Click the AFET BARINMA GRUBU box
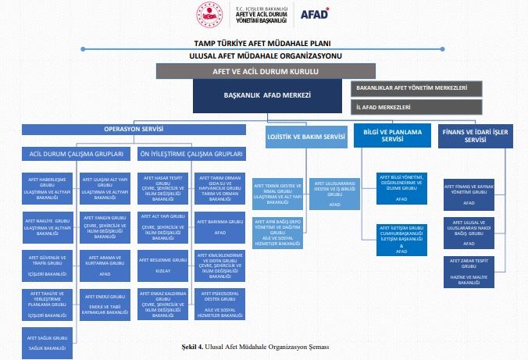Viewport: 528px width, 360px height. click(219, 226)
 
